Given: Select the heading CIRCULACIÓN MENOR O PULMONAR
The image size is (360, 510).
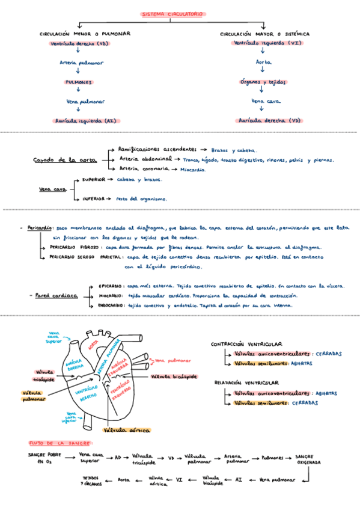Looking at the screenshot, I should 85,34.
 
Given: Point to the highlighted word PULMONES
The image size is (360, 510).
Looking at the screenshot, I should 79,82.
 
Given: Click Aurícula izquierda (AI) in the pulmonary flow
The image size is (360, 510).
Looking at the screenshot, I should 85,120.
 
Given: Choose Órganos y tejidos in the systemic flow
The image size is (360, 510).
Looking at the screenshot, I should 263,82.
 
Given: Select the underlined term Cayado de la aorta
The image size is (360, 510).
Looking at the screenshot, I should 64,160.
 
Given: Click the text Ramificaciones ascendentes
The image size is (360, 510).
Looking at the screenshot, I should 157,149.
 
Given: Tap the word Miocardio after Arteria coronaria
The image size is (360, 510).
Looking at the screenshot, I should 192,170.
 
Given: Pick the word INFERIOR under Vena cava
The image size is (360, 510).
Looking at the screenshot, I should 94,198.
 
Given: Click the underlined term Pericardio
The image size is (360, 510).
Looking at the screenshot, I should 39,229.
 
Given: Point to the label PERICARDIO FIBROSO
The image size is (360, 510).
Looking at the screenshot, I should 75,248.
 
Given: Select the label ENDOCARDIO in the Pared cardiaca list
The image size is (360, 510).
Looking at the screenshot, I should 111,306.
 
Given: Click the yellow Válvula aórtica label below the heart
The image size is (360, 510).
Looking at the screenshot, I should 127,431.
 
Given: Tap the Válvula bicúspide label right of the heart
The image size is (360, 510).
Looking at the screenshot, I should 174,376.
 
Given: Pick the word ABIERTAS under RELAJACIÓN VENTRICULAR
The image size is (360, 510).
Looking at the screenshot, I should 326,393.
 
